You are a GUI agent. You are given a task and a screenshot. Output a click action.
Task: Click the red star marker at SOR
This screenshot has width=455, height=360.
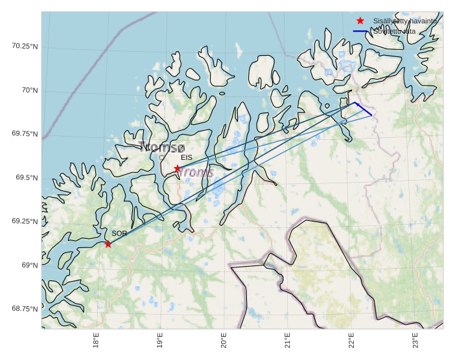tap(108, 244)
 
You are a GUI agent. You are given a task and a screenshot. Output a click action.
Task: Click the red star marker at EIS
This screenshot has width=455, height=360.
tap(177, 168)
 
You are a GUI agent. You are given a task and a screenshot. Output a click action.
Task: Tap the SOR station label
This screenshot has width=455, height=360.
tap(119, 233)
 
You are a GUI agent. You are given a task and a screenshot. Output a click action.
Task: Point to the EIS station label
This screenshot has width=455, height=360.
tap(187, 157)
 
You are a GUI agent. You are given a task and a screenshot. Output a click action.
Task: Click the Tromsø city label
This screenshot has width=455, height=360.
tap(162, 148)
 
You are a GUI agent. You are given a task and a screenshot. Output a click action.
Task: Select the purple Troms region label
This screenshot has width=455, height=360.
tap(196, 172)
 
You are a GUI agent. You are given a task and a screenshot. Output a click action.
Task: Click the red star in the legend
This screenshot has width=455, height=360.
tap(360, 21)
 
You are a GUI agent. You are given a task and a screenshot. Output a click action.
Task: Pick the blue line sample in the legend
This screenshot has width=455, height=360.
tap(360, 31)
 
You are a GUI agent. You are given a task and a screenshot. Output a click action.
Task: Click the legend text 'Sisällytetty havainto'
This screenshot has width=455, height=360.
tap(404, 21)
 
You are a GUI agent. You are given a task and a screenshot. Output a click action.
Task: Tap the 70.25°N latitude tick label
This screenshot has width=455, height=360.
tap(25, 46)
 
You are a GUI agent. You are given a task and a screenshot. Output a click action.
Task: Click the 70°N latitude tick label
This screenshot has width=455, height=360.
tap(30, 90)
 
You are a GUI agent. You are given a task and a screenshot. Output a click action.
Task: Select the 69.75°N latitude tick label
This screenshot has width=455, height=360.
tap(25, 134)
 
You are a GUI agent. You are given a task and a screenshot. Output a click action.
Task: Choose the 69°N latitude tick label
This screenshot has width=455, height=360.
tap(30, 265)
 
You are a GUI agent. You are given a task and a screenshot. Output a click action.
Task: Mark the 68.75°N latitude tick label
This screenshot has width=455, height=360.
tap(25, 308)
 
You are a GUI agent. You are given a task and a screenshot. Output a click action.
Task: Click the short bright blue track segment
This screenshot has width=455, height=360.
tap(363, 109)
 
